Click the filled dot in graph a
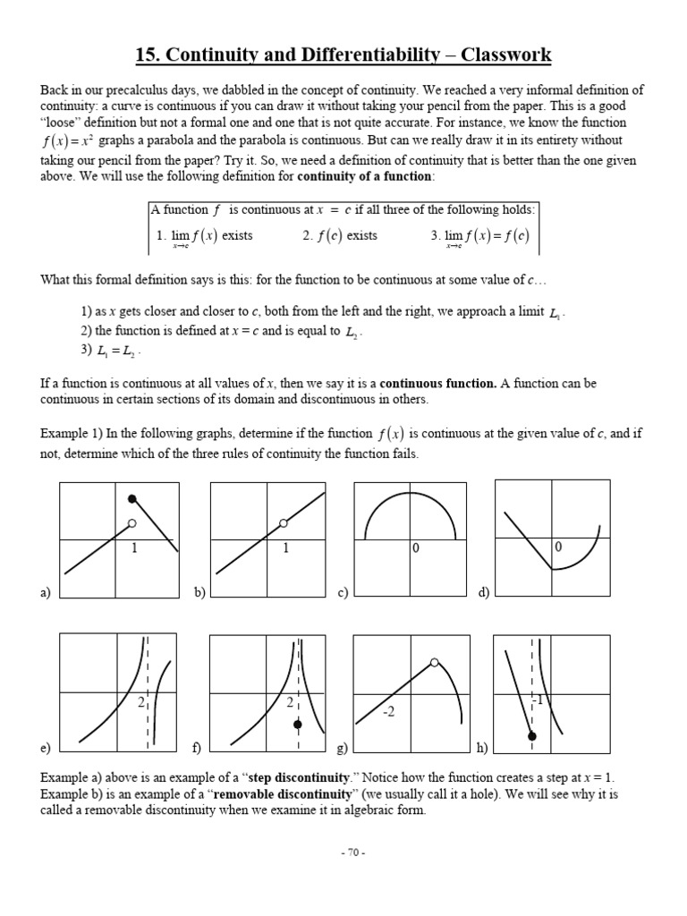point(132,498)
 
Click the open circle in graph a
point(132,523)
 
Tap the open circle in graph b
point(284,523)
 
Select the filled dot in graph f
point(298,724)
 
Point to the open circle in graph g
point(435,663)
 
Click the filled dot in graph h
point(532,735)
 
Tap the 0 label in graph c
point(416,548)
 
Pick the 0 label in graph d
point(558,547)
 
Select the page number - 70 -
point(352,852)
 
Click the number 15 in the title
point(145,56)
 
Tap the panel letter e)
point(45,747)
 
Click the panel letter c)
point(342,592)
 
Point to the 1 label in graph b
point(285,548)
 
